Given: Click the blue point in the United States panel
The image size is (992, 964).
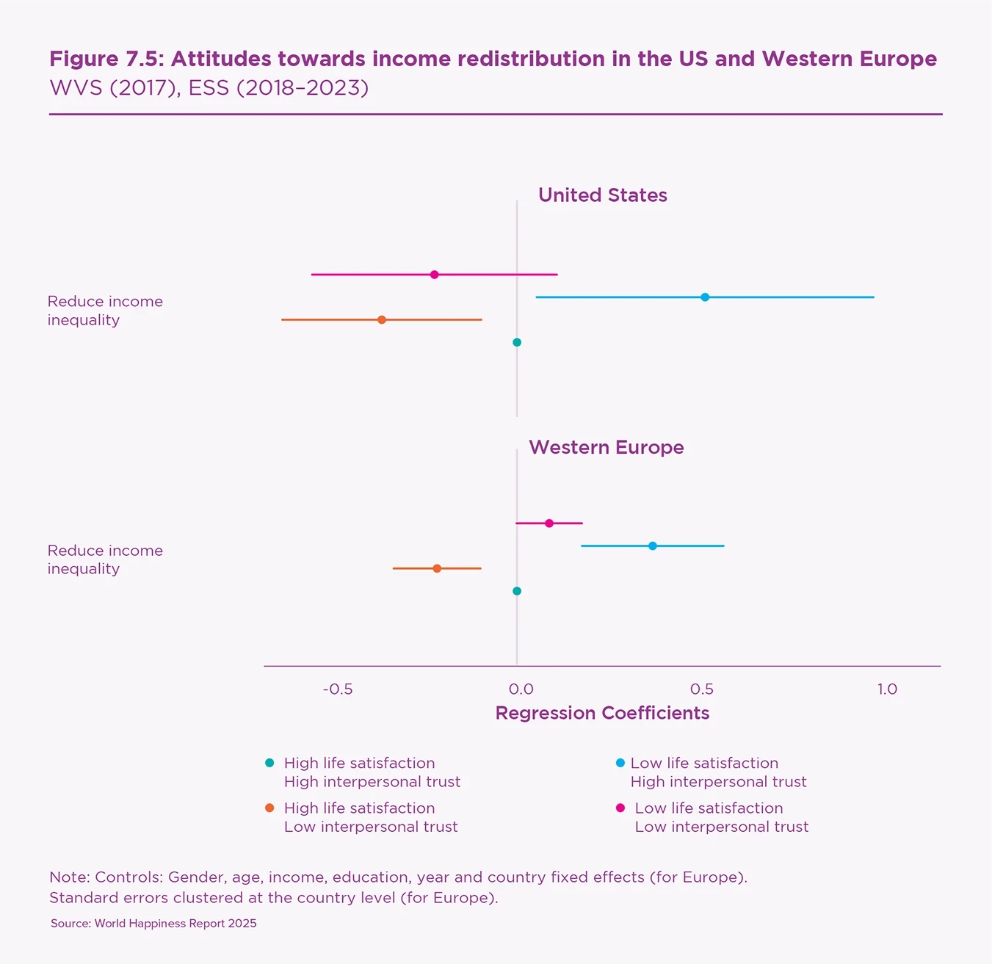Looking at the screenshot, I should coord(705,297).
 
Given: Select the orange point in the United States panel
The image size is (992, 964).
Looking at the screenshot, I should coord(382,320).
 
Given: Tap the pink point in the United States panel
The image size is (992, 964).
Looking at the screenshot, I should coord(435,275).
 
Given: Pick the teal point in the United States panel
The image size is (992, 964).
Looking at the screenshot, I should coord(517,342).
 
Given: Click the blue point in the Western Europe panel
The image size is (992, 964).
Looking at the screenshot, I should coord(653,546).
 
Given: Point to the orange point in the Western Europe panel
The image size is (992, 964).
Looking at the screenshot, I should coord(437,568).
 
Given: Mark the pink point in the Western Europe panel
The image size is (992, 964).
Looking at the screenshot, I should coord(549,523).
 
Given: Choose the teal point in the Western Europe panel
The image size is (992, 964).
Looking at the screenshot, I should coord(517,591).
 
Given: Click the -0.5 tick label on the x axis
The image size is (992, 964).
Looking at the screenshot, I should coord(338,689).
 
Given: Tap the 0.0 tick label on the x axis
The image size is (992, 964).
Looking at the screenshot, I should coord(521,689).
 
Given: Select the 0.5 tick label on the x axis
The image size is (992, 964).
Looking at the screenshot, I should coord(702,689).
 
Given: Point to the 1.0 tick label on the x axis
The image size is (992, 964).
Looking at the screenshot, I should coord(887,689).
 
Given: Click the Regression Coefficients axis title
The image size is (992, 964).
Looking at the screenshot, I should coord(602,713).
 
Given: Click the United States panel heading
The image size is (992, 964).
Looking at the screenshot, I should coord(602,195).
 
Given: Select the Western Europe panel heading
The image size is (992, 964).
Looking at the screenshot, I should coord(606,447).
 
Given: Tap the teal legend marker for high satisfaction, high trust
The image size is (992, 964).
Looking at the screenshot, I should coord(269,764).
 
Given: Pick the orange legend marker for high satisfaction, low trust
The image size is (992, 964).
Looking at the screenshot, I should coord(269,808).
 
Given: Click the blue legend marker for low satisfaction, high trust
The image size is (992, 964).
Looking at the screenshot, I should coord(620,764).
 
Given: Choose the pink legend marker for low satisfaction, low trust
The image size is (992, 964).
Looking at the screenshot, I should coord(620,808).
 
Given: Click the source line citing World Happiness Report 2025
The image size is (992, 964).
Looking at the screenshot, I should coord(153,924).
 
